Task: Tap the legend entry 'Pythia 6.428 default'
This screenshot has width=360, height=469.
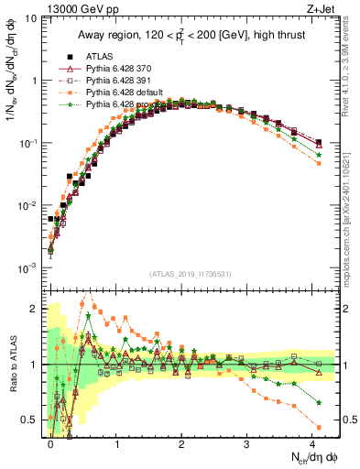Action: [126, 93]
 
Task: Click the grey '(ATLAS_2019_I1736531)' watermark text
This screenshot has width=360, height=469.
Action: [191, 274]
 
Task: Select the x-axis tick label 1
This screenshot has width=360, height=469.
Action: [117, 442]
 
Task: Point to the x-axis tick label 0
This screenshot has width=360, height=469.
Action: [50, 442]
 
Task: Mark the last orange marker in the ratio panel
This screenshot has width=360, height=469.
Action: [319, 428]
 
